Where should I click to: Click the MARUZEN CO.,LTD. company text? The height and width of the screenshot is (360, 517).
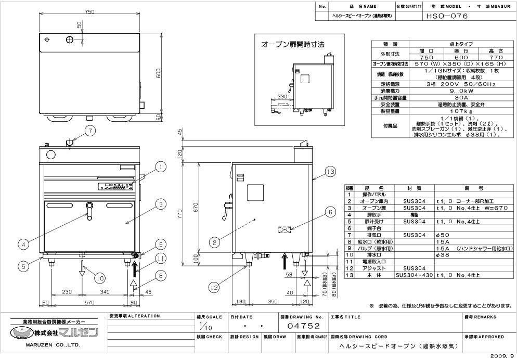pos(53,344)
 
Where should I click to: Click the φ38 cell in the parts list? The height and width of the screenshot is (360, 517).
pos(442,255)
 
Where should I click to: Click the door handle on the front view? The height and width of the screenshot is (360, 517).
pos(90,210)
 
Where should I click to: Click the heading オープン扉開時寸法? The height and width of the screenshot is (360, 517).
pos(292,45)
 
